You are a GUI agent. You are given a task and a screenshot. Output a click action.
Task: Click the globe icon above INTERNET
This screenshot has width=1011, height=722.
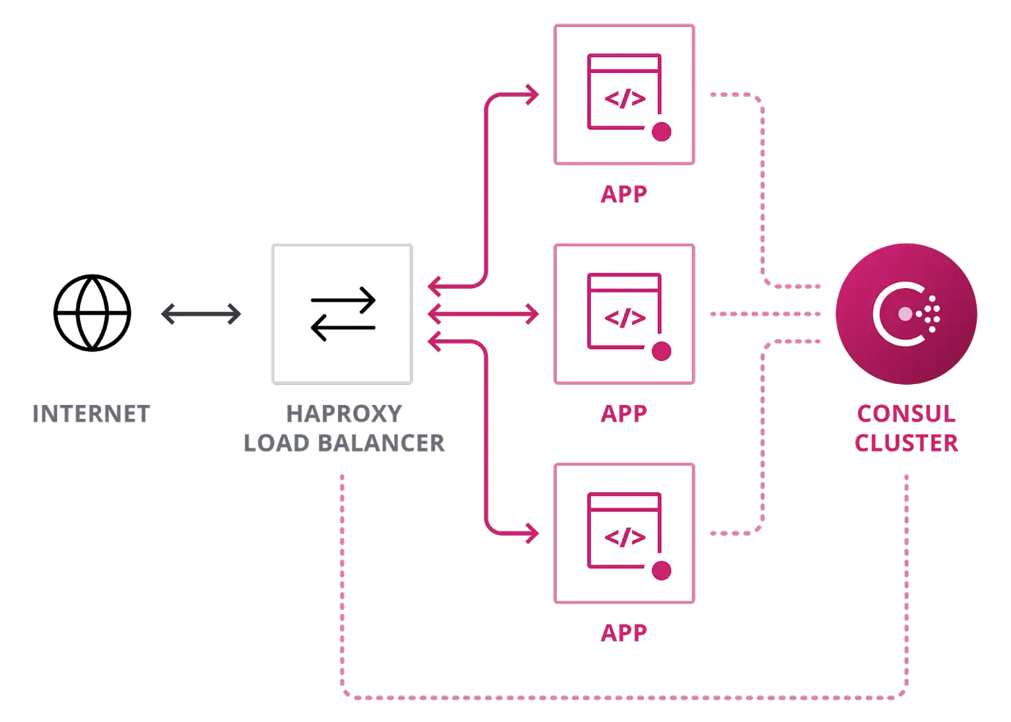coord(92,313)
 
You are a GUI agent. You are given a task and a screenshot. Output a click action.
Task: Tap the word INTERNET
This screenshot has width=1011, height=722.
coord(91,414)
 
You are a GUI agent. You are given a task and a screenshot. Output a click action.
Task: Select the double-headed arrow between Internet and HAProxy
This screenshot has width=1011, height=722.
coord(201,314)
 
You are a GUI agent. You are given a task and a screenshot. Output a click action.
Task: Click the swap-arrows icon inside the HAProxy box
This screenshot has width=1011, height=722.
coord(343,313)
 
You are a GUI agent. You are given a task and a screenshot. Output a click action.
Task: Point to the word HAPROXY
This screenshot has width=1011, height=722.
coord(344,414)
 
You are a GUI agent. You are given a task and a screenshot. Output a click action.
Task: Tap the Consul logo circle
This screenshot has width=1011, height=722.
coord(906,314)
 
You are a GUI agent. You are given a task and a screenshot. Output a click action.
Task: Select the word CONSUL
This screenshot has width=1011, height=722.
coord(906,414)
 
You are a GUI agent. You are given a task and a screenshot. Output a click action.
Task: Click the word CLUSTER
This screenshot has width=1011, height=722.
coord(906,443)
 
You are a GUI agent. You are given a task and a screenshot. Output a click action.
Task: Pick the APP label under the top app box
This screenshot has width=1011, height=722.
coord(624,194)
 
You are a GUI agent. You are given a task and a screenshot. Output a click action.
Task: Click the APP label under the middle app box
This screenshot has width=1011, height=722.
coord(624,414)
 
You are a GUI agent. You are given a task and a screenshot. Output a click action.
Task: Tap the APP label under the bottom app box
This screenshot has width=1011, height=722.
coord(624,633)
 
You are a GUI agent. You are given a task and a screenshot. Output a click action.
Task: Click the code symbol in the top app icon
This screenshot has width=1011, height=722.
coord(625,99)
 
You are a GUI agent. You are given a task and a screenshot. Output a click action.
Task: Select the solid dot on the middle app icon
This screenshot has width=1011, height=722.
coord(661,351)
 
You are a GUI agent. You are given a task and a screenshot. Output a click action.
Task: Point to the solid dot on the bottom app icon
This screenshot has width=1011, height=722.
coord(661,570)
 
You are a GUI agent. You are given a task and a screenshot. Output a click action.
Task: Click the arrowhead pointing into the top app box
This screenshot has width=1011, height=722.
coord(533,95)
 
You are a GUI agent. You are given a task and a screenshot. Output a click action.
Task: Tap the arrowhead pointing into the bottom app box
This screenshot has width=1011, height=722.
coord(533,534)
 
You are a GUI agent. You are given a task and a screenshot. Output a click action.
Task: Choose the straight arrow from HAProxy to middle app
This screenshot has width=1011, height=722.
coord(483,314)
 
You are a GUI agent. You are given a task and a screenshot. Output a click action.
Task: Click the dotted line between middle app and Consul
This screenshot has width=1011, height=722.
coord(765,314)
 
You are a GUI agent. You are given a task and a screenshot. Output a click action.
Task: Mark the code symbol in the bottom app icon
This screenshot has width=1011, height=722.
coord(625,537)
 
